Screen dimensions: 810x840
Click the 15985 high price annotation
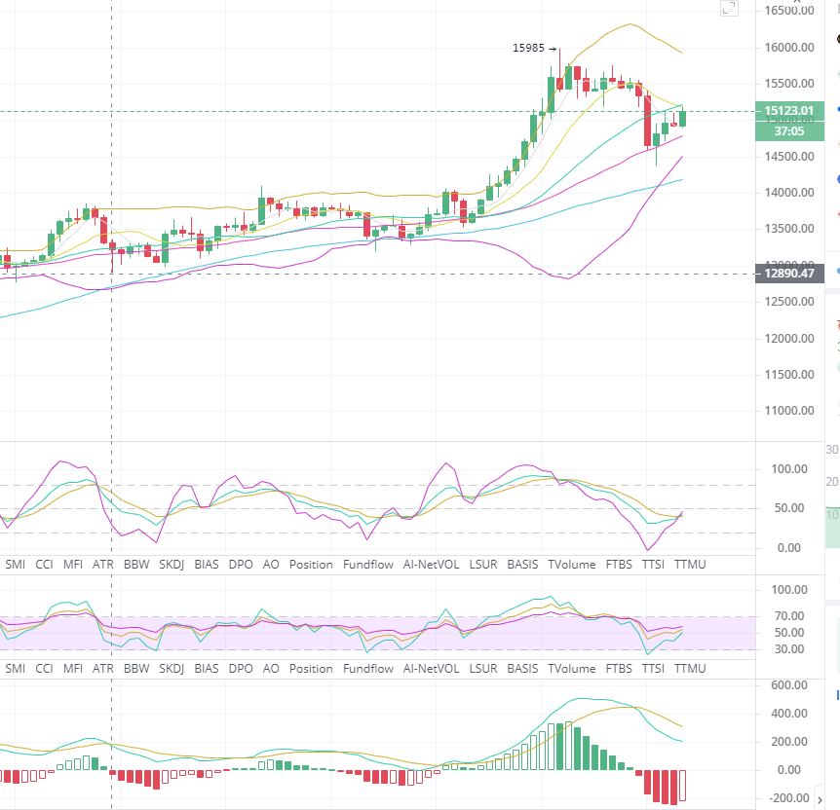coord(529,48)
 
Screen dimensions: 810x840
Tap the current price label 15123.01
coord(788,111)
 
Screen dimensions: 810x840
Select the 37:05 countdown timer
coord(788,129)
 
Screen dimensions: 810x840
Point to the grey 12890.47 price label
coord(788,274)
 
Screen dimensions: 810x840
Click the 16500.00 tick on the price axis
coord(789,12)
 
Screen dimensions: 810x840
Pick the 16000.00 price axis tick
coord(789,48)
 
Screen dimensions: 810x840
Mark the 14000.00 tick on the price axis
coord(789,193)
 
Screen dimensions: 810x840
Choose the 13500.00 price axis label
coord(789,229)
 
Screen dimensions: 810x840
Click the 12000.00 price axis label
coord(789,339)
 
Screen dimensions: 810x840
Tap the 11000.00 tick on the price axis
coord(789,411)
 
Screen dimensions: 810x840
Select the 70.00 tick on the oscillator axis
coord(787,616)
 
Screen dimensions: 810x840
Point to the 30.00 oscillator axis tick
coord(787,649)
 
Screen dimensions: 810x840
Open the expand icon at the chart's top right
coord(729,9)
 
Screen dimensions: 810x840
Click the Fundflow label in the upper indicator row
coord(368,564)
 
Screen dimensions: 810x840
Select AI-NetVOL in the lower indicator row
coord(432,669)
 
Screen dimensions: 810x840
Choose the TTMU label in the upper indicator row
coord(690,564)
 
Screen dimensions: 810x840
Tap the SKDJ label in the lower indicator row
coord(172,669)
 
